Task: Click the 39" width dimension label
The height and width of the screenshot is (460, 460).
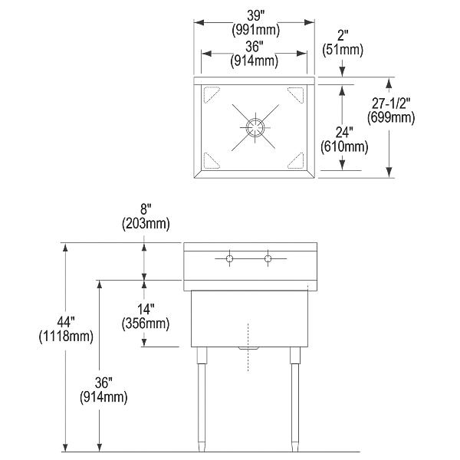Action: (256, 15)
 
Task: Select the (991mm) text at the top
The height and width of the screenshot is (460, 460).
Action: (256, 30)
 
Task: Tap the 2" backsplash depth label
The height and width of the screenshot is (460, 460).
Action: (343, 35)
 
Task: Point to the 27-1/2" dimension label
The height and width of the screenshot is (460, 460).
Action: (391, 103)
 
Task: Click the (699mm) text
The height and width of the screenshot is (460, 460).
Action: (391, 117)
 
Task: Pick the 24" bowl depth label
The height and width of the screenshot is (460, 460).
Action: (344, 133)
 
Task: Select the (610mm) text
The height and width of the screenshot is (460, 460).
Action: (344, 146)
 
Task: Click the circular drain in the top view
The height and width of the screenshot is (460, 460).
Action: (255, 127)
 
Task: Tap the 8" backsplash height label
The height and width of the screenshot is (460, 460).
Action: (146, 209)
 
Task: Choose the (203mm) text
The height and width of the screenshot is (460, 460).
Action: (146, 224)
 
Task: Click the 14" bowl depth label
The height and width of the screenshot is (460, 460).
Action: (146, 309)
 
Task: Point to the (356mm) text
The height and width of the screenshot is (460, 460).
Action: (146, 324)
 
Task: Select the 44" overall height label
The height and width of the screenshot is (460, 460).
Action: (66, 322)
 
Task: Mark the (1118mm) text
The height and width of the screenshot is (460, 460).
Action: (66, 337)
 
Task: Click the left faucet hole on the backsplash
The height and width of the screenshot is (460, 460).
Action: (229, 258)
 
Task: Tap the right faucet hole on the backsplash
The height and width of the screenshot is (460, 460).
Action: (268, 258)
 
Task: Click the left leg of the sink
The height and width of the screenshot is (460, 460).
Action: (201, 399)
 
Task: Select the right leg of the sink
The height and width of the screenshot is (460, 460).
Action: (295, 399)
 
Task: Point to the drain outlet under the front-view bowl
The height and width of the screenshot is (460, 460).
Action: (248, 348)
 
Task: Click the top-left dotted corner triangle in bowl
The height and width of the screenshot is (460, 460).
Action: (210, 94)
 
